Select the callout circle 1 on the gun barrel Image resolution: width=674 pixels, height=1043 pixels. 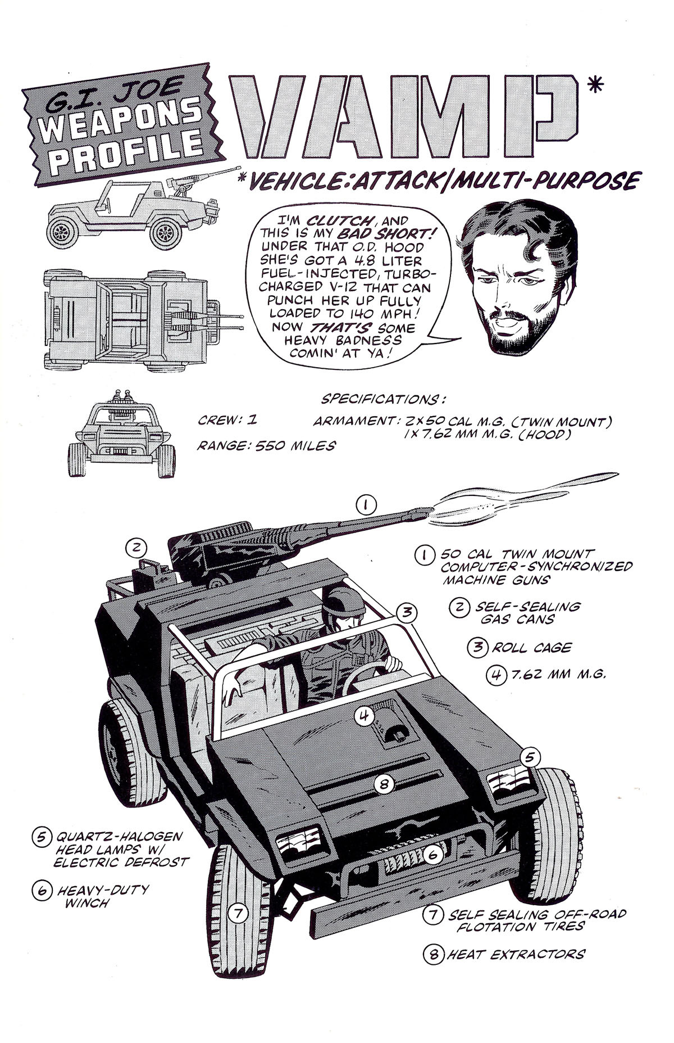(366, 505)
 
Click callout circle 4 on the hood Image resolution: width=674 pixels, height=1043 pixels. (364, 715)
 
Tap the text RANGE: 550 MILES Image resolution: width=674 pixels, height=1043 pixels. (266, 446)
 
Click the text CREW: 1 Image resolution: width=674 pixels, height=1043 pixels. (227, 421)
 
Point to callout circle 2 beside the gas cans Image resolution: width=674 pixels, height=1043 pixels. (136, 546)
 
